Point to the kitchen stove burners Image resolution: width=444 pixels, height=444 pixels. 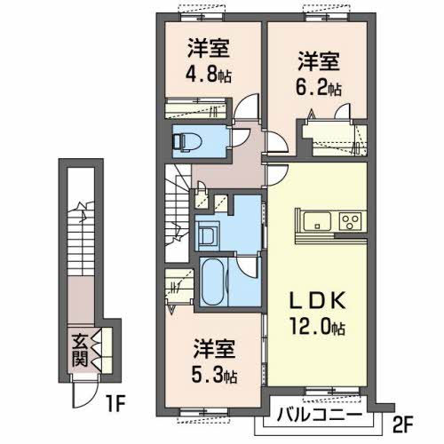(x=350, y=221)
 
